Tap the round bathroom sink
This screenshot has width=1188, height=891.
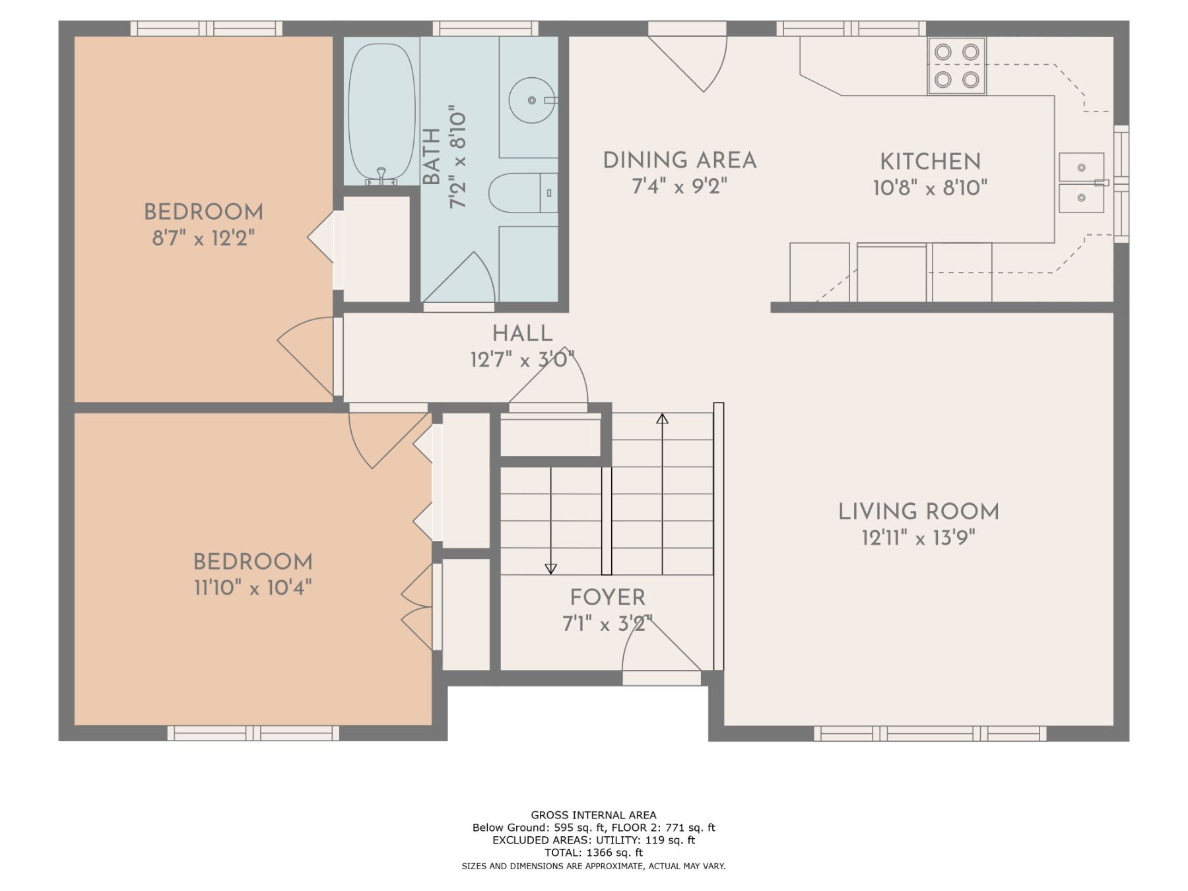click(x=532, y=100)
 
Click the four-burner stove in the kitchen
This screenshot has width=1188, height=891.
click(x=956, y=65)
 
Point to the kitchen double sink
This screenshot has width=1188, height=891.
click(x=1082, y=183)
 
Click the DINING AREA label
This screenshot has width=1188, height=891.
click(x=680, y=160)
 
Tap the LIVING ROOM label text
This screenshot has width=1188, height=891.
click(x=918, y=511)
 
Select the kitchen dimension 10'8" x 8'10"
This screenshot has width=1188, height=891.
click(x=930, y=188)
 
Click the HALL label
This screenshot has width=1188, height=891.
click(x=522, y=333)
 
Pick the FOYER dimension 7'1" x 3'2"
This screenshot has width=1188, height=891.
click(x=607, y=624)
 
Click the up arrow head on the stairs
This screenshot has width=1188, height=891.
click(x=662, y=418)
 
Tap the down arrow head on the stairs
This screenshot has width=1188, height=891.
click(x=550, y=569)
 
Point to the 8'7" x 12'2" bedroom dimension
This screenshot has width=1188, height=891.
click(x=203, y=238)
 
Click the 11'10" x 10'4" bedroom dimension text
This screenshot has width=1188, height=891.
click(x=253, y=587)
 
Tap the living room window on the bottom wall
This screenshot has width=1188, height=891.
click(x=930, y=733)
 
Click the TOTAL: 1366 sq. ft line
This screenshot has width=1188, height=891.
click(x=593, y=853)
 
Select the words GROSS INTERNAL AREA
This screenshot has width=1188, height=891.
click(x=593, y=815)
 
